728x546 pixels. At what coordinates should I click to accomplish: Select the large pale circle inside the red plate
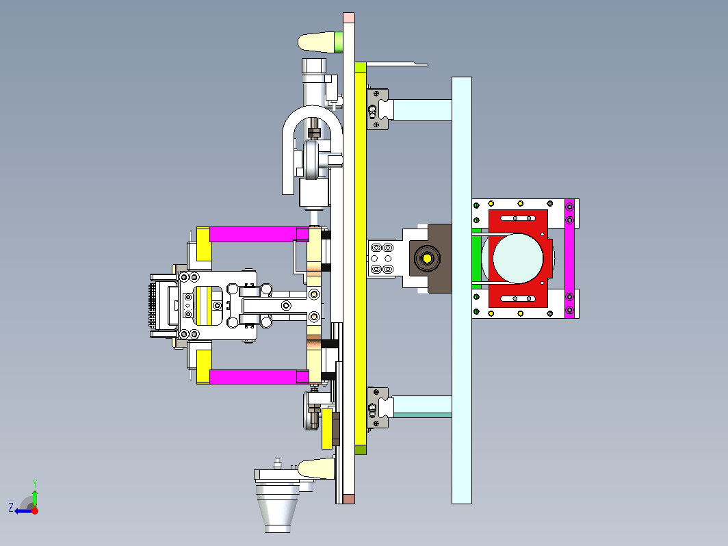click(518, 258)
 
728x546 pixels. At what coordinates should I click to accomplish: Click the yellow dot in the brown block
click(427, 258)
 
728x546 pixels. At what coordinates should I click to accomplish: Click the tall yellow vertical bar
click(361, 258)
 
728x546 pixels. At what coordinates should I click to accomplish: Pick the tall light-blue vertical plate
click(461, 290)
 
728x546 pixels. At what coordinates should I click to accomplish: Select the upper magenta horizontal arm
click(253, 235)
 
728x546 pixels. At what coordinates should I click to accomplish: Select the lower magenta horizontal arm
click(253, 376)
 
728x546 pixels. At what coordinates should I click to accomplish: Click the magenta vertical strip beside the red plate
click(570, 258)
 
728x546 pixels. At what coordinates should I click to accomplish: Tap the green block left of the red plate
click(476, 258)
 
